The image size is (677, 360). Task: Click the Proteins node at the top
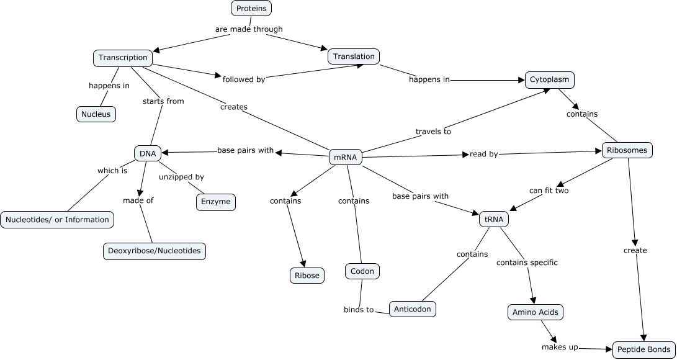point(251,9)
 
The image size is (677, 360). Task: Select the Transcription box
point(123,58)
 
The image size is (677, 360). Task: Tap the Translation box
point(354,56)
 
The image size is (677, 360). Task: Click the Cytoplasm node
point(550,80)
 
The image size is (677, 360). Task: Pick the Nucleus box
point(96,114)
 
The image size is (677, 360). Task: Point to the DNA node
point(148,153)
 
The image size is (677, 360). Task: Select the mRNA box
point(345,157)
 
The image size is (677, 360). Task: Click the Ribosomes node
point(627,150)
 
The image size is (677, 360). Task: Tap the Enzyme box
point(216,202)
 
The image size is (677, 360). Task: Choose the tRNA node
point(494,219)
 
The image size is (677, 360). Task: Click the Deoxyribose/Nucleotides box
point(155,251)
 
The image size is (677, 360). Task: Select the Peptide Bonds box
point(643,350)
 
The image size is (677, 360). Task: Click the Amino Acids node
point(535,312)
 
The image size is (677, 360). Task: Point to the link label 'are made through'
point(249,29)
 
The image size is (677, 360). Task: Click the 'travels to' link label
point(433,132)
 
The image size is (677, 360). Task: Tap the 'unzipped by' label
point(181,177)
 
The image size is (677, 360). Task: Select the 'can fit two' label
point(549,191)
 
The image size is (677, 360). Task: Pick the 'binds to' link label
point(359,309)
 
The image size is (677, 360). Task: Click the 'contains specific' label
point(527,263)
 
